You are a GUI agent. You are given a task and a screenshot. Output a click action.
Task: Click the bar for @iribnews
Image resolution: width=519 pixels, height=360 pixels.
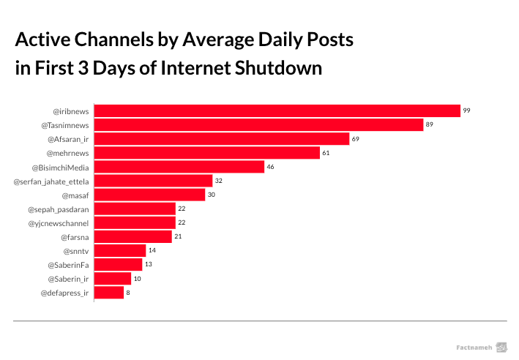coord(277,110)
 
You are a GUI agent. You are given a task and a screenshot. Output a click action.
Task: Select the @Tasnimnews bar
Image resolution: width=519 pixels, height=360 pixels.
coord(258,124)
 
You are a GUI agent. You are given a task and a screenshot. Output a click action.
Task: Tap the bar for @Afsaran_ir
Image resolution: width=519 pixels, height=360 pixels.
coord(222,138)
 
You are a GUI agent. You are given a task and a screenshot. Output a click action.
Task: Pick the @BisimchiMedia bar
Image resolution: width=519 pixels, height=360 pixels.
coord(179,167)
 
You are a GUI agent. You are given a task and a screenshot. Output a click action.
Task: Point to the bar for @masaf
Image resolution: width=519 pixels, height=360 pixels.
coord(149,195)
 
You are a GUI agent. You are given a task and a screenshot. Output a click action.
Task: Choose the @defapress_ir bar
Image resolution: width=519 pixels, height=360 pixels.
coord(109,293)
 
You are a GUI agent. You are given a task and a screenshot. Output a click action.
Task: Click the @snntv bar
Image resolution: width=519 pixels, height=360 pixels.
coord(120,250)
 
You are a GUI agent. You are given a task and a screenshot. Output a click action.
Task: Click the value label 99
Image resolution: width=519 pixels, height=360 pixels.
coord(466,110)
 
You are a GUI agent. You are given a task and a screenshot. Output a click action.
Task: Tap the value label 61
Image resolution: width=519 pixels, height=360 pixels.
coord(326,153)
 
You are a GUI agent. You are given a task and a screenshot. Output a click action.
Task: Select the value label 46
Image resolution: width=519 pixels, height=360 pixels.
coord(271,167)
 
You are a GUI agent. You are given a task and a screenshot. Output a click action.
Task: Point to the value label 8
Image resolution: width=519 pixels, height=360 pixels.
coord(128,293)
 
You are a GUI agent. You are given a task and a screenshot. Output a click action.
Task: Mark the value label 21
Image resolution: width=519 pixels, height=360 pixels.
coord(178,236)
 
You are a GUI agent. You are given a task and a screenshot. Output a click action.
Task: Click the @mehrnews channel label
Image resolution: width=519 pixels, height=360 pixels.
coord(68,153)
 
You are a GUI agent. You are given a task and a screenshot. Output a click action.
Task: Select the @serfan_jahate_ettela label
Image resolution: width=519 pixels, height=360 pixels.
coord(51,181)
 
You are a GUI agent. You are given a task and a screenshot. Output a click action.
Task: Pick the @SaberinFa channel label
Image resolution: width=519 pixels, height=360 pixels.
coord(68,264)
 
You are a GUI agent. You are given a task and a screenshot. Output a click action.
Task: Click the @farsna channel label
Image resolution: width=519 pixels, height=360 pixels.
coord(75,236)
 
